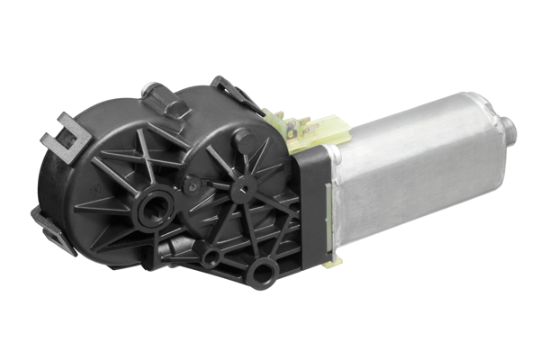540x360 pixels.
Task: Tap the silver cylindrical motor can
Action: pos(414,171)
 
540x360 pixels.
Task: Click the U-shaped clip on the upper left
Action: pos(65,135)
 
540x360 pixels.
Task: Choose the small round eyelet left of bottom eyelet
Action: pos(212,258)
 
